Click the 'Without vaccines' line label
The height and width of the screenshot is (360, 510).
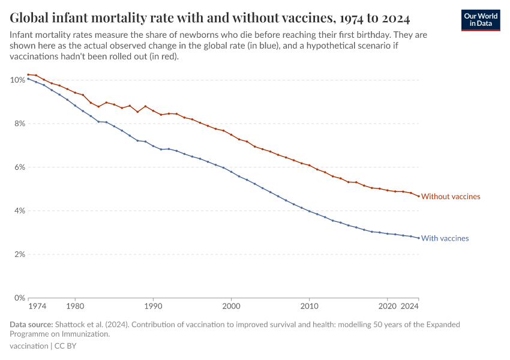coord(451,196)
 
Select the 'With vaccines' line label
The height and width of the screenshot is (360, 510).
coord(445,238)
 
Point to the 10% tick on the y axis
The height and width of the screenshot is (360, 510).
coord(17,80)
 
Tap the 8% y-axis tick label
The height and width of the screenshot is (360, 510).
coord(19,124)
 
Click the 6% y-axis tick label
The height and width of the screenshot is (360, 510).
coord(19,167)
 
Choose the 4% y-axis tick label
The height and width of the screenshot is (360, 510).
coord(19,211)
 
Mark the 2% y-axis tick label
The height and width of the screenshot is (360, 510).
coord(19,254)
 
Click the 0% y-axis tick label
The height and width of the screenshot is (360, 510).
coord(19,298)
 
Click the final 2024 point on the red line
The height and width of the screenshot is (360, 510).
coord(418,196)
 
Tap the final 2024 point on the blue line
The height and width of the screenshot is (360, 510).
coord(418,238)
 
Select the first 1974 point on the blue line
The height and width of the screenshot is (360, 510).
coord(28,79)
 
